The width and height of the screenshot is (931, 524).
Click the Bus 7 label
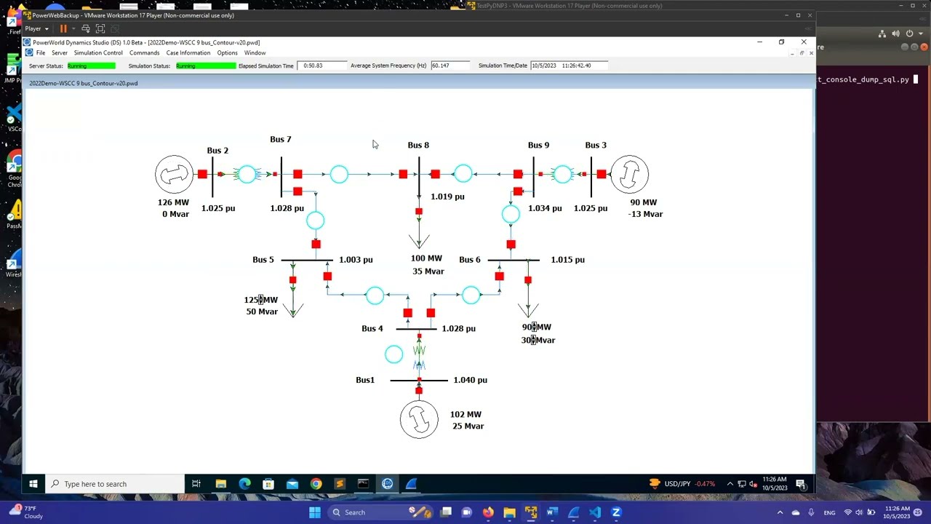tap(280, 139)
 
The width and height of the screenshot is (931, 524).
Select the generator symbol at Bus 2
tap(174, 175)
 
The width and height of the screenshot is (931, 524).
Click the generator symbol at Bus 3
tap(629, 175)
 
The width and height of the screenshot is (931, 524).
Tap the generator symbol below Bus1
tap(419, 419)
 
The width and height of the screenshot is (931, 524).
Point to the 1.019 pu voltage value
tap(447, 196)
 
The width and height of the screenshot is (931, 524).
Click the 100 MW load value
tap(426, 258)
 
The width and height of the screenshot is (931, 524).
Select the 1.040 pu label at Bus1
tap(470, 380)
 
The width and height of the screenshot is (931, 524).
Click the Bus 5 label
tap(263, 260)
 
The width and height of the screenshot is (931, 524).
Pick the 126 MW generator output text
tap(173, 202)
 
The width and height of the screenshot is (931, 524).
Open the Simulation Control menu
tap(98, 53)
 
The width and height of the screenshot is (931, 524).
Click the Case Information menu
tap(188, 53)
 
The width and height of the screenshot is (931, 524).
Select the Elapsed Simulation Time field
tap(322, 65)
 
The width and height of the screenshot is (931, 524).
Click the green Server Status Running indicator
tap(91, 65)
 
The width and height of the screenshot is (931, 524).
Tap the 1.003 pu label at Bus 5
tap(356, 260)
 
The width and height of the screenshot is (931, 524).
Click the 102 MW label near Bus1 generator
tap(465, 415)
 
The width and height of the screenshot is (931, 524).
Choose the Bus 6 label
tap(470, 260)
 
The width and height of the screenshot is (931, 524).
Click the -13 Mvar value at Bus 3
tap(646, 214)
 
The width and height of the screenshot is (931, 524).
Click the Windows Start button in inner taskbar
tap(33, 484)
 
